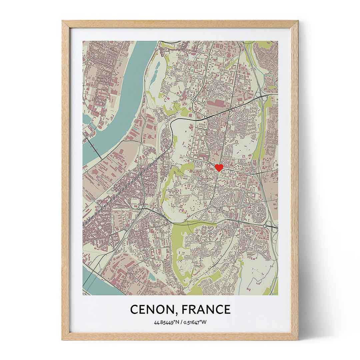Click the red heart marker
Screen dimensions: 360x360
pyautogui.click(x=219, y=167)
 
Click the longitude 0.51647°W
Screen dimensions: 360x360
pyautogui.click(x=195, y=322)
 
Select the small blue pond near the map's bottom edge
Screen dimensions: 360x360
pyautogui.click(x=152, y=276)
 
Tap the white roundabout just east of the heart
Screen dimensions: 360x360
pyautogui.click(x=249, y=174)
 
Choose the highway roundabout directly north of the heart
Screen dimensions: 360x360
pyautogui.click(x=230, y=109)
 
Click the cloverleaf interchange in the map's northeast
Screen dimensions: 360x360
pyautogui.click(x=263, y=97)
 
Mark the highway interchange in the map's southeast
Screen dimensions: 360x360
pyautogui.click(x=265, y=226)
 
